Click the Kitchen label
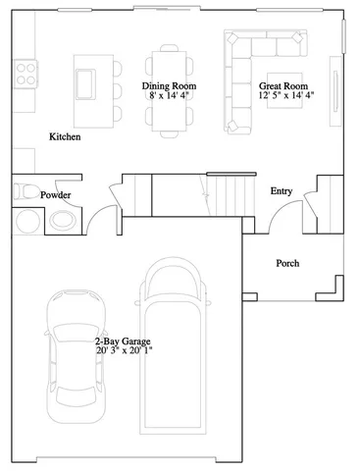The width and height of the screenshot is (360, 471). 65,137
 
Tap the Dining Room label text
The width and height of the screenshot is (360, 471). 170,86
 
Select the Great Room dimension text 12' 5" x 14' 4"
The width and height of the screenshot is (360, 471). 287,97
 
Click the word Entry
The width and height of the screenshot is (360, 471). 282,191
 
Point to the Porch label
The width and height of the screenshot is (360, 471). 287,263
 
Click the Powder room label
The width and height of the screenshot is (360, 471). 55,195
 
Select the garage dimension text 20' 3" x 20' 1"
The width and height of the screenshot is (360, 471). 125,349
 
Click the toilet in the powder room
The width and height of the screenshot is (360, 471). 26,193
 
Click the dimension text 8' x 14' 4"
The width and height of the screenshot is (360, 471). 170,97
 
